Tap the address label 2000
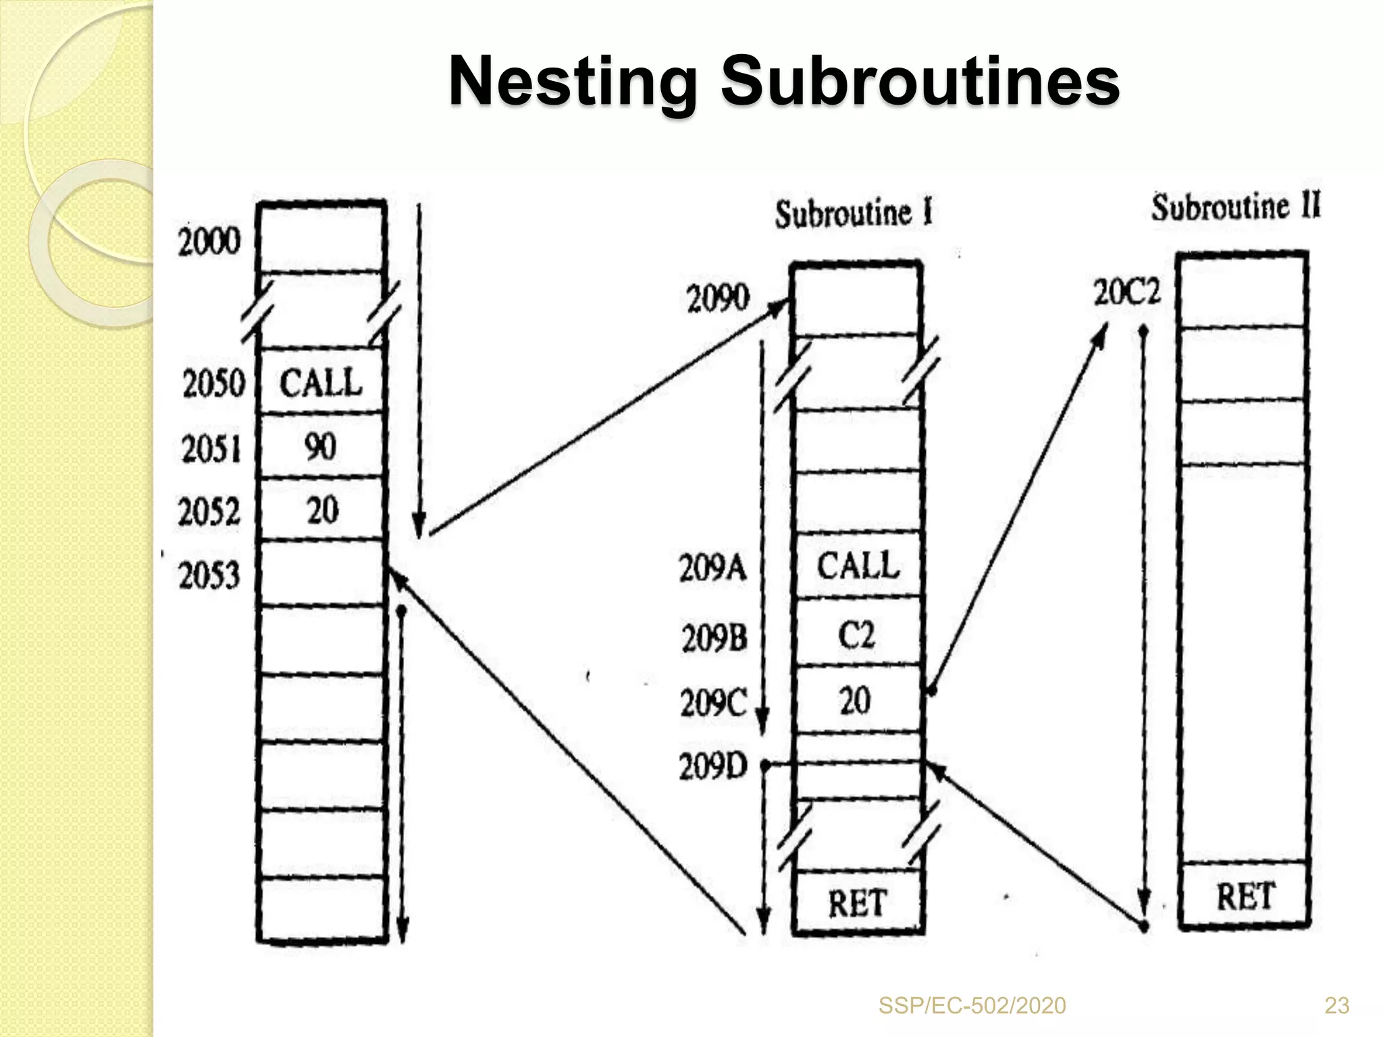tap(209, 242)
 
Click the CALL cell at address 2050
tap(321, 383)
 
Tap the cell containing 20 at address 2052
tap(322, 510)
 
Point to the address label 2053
tap(209, 576)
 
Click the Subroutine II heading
tap(1236, 207)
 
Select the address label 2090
tap(718, 298)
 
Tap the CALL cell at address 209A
tap(858, 566)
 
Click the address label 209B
tap(714, 638)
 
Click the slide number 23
tap(1336, 1006)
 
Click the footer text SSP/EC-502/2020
tap(972, 1006)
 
